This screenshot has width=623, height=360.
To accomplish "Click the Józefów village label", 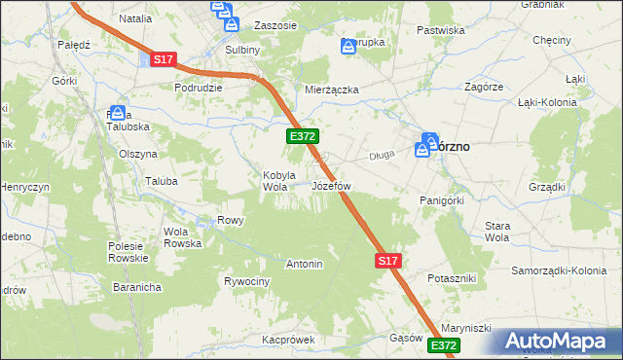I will (330, 185).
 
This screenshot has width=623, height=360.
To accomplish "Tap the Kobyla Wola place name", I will (278, 181).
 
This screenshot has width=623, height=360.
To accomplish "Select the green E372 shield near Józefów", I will (299, 138).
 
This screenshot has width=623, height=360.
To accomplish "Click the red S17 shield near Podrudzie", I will (163, 60).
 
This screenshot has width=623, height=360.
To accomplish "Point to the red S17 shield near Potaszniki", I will (387, 261).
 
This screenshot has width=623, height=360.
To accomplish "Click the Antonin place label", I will (304, 264).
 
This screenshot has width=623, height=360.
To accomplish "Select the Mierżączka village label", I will (332, 90).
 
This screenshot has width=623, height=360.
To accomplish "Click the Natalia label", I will (135, 18).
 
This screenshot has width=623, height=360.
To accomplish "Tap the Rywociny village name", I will (246, 281).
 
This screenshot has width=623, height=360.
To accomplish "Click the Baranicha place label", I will (135, 288).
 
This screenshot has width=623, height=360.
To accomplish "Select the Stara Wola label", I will (497, 232).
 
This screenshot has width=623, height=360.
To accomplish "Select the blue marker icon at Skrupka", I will (348, 46).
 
